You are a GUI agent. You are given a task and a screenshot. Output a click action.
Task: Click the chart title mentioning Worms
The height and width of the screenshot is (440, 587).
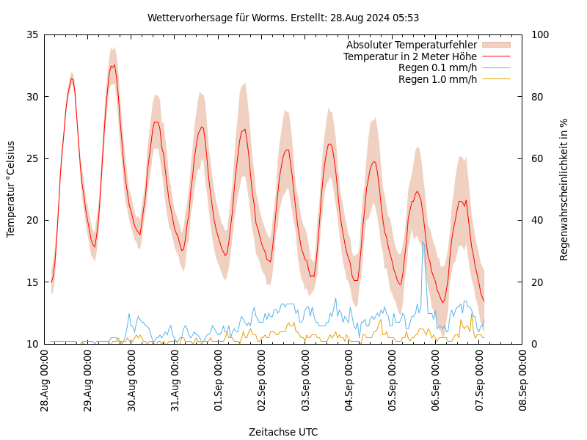283,18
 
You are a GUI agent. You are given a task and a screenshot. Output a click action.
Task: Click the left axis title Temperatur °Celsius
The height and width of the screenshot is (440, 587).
11,189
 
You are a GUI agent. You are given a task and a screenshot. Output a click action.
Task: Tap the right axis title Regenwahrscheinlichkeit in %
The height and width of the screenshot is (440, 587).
564,189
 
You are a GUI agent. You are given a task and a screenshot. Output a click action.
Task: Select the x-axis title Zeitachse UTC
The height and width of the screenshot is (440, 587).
283,432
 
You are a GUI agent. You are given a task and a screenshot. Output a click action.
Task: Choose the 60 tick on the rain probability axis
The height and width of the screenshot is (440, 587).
536,158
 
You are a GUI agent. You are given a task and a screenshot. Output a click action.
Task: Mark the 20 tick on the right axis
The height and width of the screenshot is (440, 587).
536,282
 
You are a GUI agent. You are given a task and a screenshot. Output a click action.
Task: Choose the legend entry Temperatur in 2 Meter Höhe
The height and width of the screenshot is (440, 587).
409,56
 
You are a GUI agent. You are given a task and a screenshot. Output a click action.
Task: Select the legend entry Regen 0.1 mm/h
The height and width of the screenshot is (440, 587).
437,68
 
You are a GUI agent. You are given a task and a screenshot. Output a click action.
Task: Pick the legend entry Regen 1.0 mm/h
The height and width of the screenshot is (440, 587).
437,79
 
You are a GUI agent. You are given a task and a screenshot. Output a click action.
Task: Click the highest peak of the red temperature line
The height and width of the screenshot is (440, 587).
114,65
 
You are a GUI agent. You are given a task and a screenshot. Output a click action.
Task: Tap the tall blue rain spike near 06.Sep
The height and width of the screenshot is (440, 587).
422,242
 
